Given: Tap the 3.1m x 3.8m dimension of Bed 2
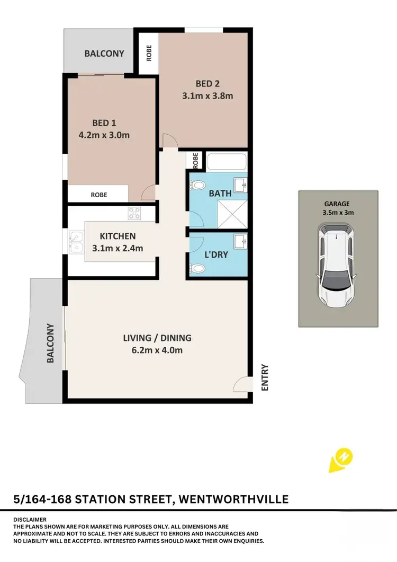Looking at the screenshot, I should [207, 96].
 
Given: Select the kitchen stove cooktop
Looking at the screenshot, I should [134, 214].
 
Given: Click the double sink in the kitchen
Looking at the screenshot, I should [76, 242].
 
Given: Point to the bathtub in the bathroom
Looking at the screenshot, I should [226, 162].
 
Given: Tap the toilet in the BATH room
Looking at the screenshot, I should [198, 187].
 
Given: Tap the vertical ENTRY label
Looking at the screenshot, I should [265, 377].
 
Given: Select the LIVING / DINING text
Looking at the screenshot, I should [157, 338].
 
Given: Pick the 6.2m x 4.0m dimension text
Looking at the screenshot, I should [157, 350].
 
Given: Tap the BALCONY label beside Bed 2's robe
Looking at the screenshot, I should [104, 54].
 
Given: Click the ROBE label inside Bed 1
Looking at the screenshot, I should [98, 195].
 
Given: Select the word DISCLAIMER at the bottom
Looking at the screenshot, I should [31, 519].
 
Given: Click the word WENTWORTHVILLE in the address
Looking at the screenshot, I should [233, 499].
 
